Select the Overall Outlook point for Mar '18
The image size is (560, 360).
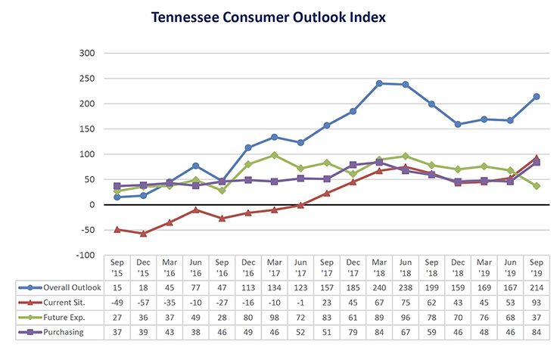coord(378,83)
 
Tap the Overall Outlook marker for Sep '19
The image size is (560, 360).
coord(537,96)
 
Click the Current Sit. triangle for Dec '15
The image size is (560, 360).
coord(143,233)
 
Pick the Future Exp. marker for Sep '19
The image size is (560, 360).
coord(537,186)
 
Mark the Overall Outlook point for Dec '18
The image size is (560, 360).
coord(458,124)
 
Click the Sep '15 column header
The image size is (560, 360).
coord(117,267)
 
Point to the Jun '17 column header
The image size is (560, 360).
coord(300,267)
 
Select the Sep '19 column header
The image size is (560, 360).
coord(537,267)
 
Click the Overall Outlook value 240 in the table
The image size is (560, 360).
coord(379,287)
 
